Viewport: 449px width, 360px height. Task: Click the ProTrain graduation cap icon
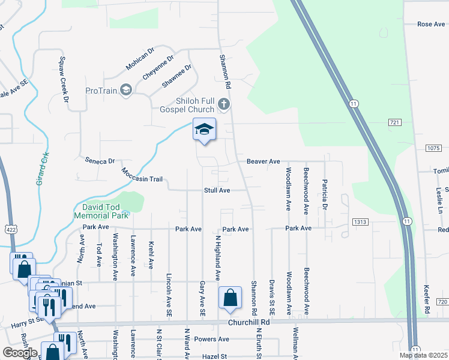pyautogui.click(x=125, y=90)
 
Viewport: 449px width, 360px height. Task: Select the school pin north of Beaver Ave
pyautogui.click(x=204, y=130)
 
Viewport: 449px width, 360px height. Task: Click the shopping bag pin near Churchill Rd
pyautogui.click(x=230, y=299)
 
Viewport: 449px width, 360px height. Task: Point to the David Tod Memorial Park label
pyautogui.click(x=101, y=211)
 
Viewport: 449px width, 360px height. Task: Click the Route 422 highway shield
pyautogui.click(x=12, y=229)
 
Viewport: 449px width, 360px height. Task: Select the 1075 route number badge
pyautogui.click(x=435, y=148)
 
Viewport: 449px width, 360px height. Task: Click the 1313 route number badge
pyautogui.click(x=360, y=221)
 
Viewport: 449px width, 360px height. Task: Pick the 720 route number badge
pyautogui.click(x=442, y=301)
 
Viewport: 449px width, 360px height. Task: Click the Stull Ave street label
pyautogui.click(x=217, y=190)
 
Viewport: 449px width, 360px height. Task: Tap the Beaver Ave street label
pyautogui.click(x=264, y=161)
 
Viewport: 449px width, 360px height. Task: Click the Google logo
pyautogui.click(x=20, y=352)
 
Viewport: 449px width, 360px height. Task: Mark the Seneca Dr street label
pyautogui.click(x=99, y=161)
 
